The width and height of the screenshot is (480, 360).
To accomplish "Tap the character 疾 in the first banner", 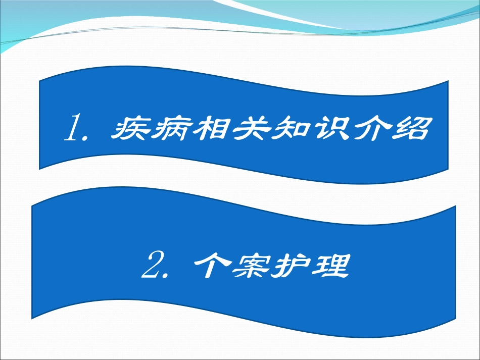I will (127, 130).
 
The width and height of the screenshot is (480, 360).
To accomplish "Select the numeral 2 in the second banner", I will (151, 267).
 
